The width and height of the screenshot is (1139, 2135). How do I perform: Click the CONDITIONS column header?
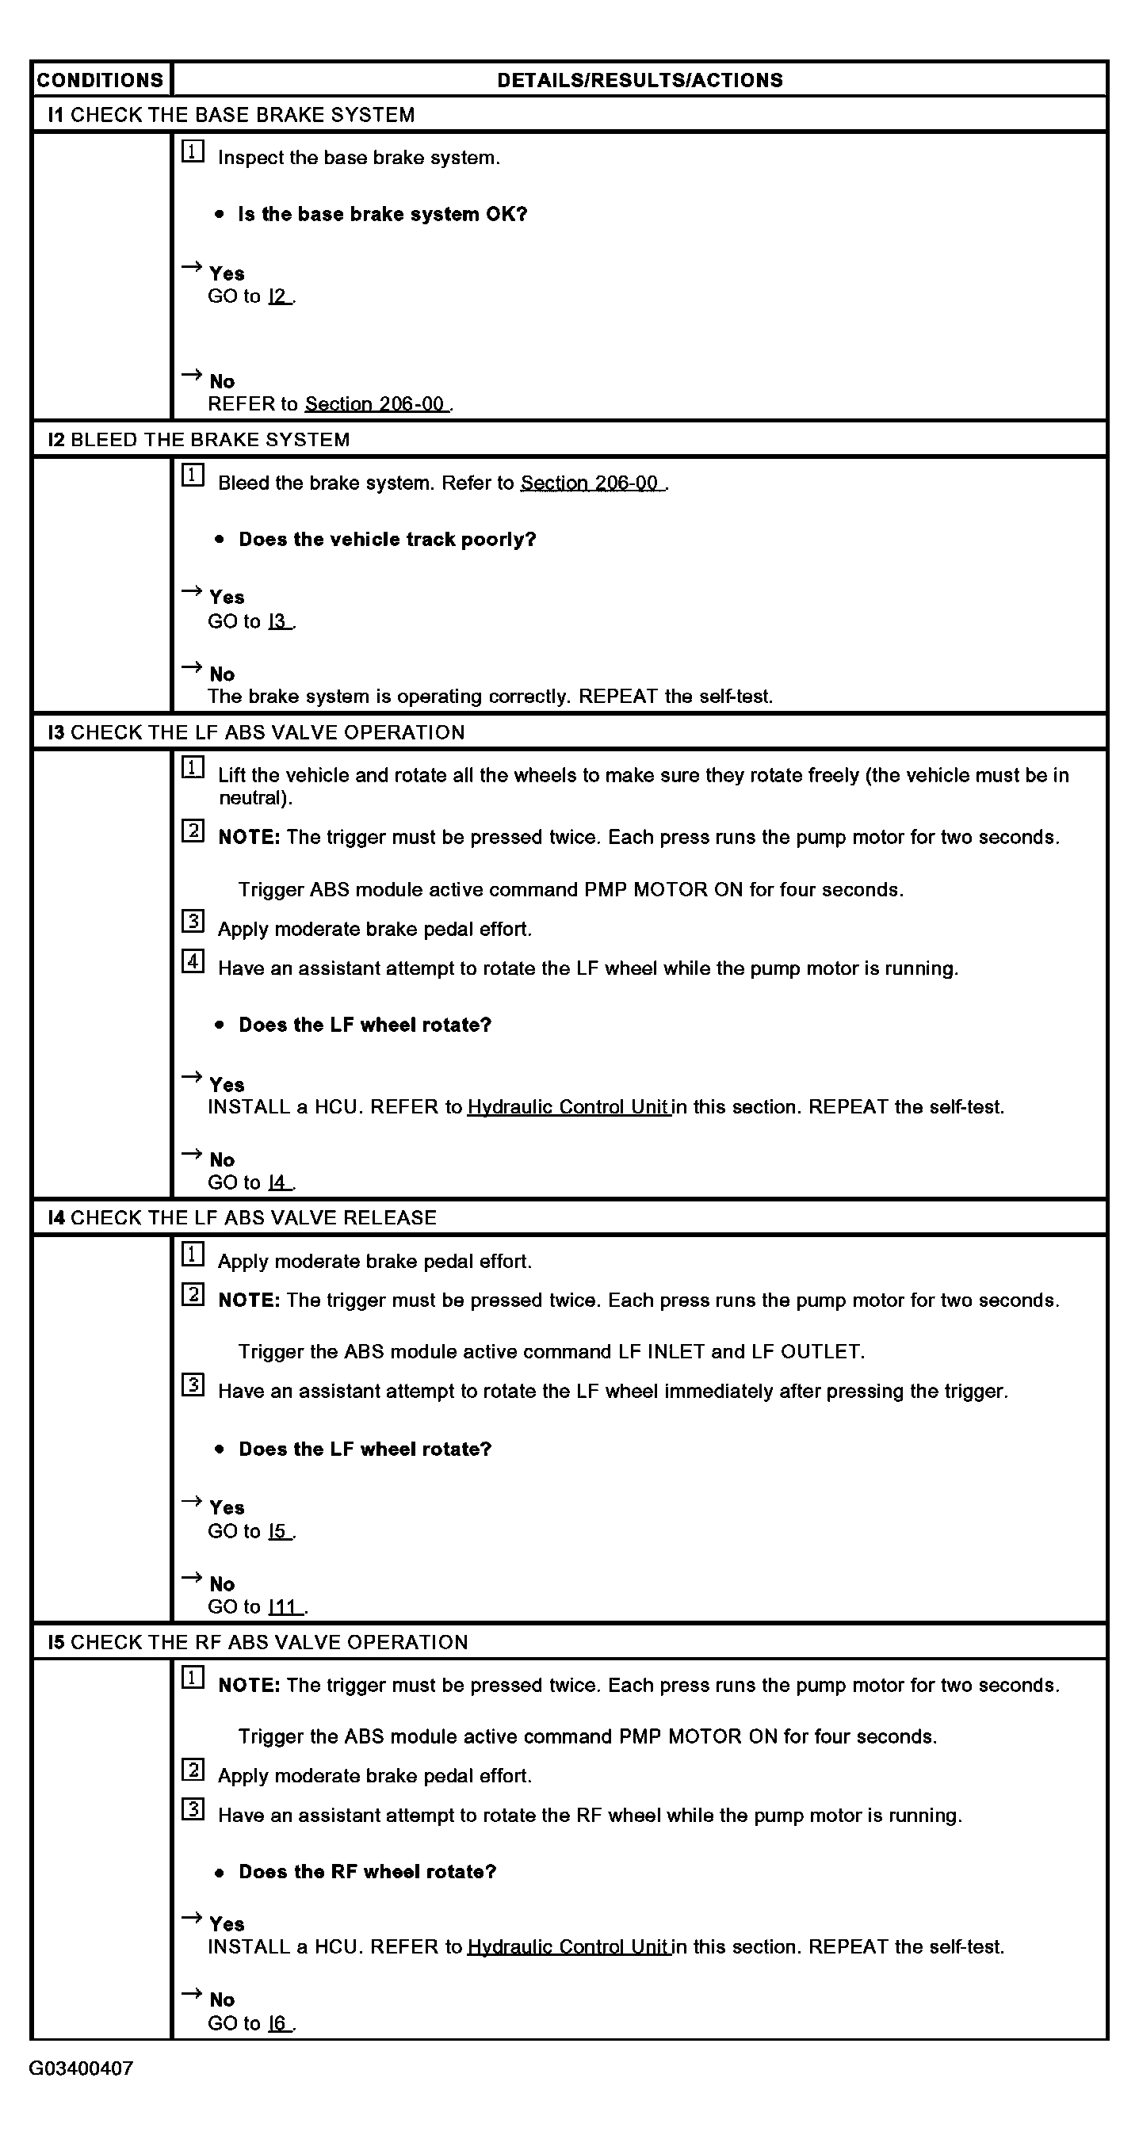point(101,80)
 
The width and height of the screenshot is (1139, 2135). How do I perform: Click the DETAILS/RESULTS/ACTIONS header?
point(639,80)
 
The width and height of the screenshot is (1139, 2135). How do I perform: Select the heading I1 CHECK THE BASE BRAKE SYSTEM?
point(231,114)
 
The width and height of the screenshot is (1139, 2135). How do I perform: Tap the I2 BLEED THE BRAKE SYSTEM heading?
point(199,439)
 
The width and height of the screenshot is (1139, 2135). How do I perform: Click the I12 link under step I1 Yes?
point(278,296)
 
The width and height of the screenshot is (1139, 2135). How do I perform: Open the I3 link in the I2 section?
point(278,621)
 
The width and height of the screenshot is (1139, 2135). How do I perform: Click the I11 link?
point(285,1606)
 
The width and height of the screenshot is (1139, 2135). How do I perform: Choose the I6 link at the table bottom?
point(278,2023)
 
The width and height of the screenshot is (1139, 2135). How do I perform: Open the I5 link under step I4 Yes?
point(278,1531)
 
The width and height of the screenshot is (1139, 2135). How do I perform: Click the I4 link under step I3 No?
point(278,1182)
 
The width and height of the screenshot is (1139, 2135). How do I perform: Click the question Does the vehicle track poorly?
point(387,540)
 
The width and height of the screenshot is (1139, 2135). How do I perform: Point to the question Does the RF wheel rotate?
point(367,1871)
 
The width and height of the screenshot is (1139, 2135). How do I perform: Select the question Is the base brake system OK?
point(382,214)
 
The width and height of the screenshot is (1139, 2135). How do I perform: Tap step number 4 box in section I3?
point(193,961)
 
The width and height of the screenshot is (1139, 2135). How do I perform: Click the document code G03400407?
point(81,2068)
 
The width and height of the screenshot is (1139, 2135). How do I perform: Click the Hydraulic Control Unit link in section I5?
point(568,1946)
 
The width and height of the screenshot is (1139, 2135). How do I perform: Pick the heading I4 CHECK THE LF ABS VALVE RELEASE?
point(242,1217)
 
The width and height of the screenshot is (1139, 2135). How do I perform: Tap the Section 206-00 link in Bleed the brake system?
point(590,483)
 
